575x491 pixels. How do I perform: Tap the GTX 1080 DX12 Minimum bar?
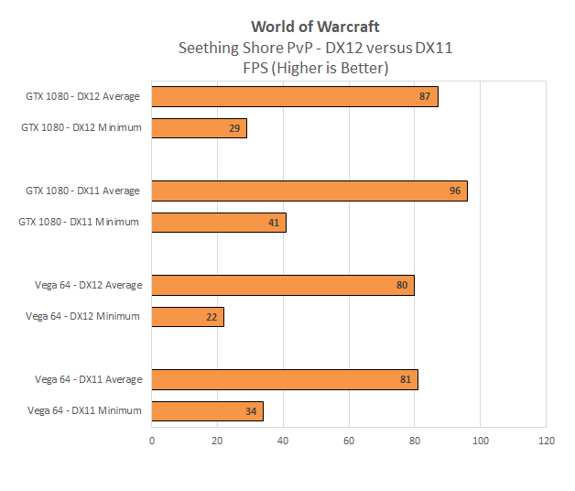(x=199, y=128)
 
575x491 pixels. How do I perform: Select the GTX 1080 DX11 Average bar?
(x=309, y=191)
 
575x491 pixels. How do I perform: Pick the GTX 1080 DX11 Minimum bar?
(x=219, y=222)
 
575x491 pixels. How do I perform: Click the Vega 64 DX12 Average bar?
(x=283, y=285)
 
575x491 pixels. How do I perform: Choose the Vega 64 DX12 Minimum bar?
(x=188, y=316)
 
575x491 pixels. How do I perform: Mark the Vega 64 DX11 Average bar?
(x=285, y=379)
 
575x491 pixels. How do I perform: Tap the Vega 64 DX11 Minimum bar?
(x=207, y=410)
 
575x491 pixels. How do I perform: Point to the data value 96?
(x=455, y=191)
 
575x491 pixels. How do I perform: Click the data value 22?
(x=212, y=316)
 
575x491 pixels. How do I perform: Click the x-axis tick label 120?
(x=546, y=441)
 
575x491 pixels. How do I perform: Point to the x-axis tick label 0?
(x=152, y=441)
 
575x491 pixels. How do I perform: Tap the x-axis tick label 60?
(x=349, y=441)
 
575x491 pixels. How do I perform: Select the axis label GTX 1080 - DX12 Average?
(x=82, y=96)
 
